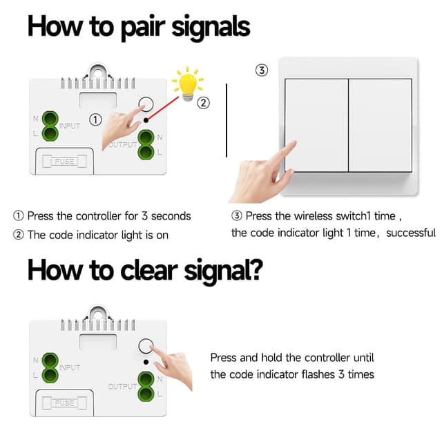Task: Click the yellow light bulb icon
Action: point(187,84)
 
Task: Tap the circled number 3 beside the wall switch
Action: point(262,70)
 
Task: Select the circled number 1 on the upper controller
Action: point(95,119)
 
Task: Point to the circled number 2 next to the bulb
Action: point(203,103)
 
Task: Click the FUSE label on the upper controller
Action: point(64,161)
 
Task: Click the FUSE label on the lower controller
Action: point(64,403)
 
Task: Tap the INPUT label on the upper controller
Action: point(70,126)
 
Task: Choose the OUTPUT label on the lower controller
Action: point(123,386)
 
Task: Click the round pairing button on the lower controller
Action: point(146,346)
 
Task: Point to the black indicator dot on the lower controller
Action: point(146,362)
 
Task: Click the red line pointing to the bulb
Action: point(164,108)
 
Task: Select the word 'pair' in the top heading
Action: point(143,28)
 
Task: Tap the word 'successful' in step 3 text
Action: point(411,233)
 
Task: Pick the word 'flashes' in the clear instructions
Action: point(318,374)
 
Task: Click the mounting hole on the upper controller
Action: point(97,73)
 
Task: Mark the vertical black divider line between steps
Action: point(227,120)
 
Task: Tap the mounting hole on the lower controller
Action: point(97,314)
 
